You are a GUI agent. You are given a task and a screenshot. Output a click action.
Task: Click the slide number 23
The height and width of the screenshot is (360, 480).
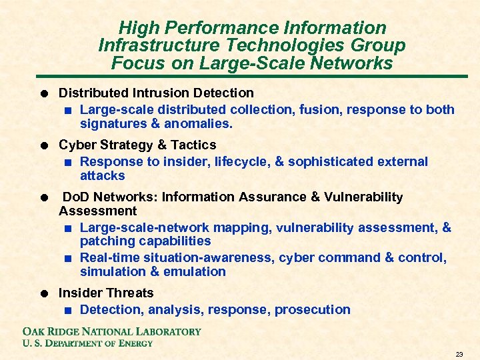click(459, 353)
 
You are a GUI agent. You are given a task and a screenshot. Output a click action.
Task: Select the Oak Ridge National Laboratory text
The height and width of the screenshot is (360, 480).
click(111, 331)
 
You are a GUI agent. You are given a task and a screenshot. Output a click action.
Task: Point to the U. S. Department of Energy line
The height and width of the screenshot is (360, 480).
click(87, 343)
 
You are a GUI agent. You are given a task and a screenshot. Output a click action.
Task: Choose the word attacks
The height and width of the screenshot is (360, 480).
click(102, 176)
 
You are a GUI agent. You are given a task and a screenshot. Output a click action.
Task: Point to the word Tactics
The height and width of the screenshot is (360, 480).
click(193, 145)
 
